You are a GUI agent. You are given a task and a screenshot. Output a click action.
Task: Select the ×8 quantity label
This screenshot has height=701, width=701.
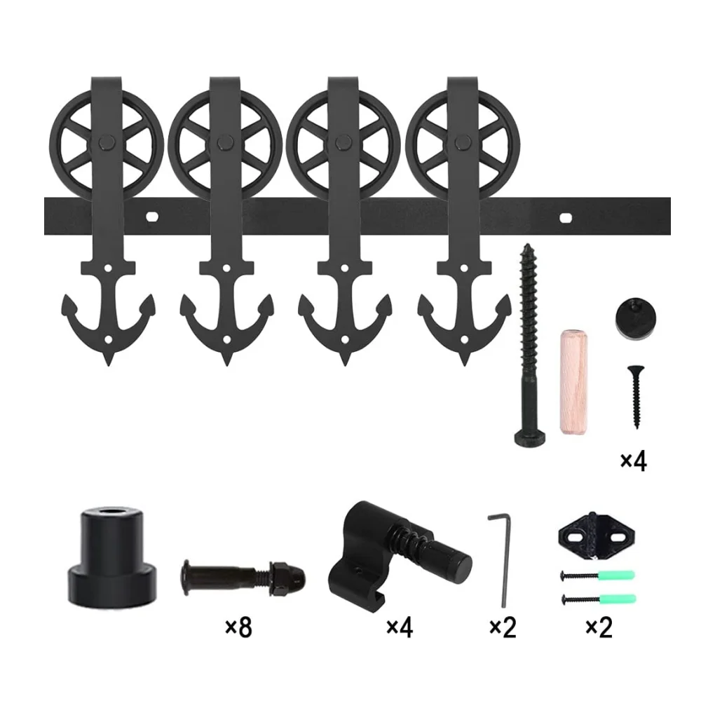[x=238, y=627]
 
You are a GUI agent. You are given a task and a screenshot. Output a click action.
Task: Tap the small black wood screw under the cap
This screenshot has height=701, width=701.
[x=636, y=396]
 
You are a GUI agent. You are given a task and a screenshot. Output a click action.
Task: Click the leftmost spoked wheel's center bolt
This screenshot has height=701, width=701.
[x=106, y=144]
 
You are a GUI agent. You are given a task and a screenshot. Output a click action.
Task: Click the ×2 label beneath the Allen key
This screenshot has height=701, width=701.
[x=502, y=627]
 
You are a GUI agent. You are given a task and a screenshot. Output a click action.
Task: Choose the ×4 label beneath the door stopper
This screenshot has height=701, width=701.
[x=399, y=627]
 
